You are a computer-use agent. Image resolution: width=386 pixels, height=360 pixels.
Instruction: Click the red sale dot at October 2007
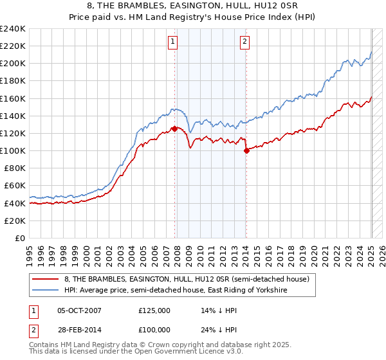[174, 129]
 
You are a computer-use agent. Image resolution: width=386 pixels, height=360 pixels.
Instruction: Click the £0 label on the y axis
[20, 238]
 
